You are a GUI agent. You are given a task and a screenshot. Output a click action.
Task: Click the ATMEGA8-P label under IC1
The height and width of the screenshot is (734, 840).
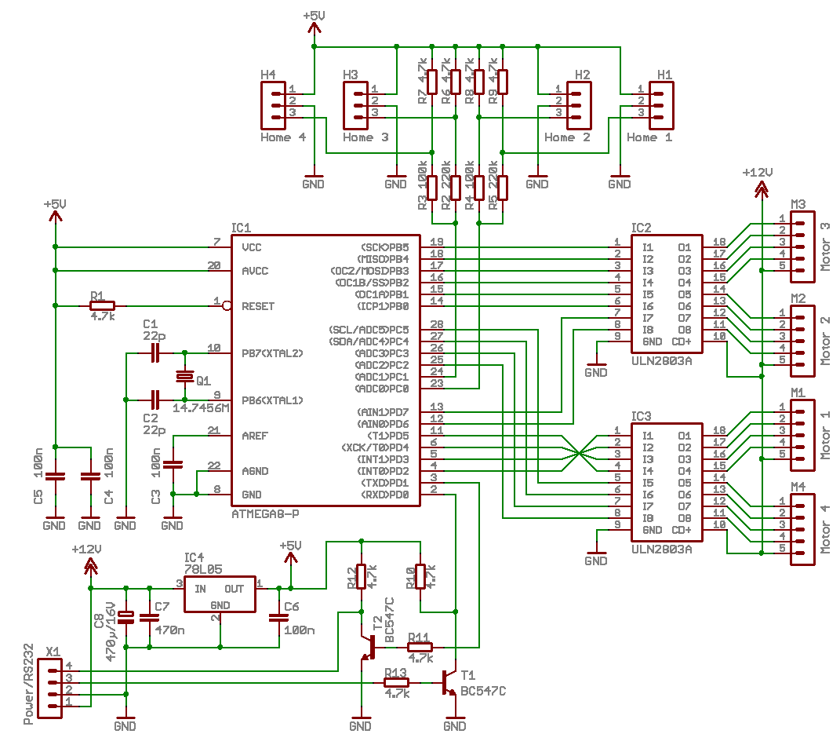click(x=265, y=513)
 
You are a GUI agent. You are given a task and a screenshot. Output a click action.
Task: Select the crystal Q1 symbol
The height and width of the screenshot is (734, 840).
click(x=185, y=376)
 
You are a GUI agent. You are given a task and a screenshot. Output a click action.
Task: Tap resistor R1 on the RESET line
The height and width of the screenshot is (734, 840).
click(x=102, y=306)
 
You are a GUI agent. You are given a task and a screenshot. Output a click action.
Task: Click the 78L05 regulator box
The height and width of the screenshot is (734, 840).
click(x=220, y=594)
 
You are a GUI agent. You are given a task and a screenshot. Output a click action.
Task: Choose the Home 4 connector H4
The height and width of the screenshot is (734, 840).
click(x=273, y=105)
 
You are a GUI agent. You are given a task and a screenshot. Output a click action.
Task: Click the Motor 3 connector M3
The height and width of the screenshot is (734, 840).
click(x=802, y=246)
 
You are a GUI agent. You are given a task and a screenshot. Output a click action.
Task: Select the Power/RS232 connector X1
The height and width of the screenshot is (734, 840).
click(x=50, y=688)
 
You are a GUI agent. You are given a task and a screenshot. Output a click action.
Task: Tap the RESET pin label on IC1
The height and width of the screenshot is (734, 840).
click(x=258, y=306)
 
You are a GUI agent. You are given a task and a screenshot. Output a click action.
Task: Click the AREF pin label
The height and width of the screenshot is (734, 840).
click(x=254, y=436)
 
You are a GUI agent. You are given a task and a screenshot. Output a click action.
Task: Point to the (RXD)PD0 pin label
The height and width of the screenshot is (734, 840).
click(x=384, y=495)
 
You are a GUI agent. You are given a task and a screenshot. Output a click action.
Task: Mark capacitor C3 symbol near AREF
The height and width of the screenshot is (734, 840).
click(x=173, y=465)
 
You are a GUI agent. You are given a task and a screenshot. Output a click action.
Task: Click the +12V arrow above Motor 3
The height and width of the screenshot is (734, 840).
click(x=762, y=189)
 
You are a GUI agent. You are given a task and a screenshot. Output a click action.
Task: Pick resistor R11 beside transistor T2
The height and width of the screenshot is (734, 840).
click(x=420, y=648)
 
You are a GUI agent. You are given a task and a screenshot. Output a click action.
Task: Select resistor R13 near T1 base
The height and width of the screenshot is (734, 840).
click(x=396, y=682)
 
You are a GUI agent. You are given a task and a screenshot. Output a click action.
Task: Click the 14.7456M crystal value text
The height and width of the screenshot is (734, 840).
click(x=201, y=408)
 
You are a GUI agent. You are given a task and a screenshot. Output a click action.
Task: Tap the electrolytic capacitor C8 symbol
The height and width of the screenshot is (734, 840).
click(x=126, y=618)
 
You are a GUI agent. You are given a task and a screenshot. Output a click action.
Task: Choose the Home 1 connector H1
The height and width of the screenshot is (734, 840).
click(x=661, y=105)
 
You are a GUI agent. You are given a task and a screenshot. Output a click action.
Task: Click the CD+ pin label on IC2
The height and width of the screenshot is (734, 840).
click(x=681, y=341)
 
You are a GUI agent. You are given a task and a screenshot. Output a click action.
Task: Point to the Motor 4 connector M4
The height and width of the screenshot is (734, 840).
click(x=802, y=529)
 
